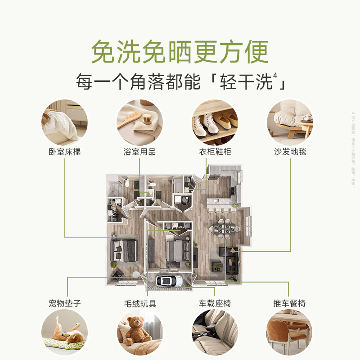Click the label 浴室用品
point(139,152)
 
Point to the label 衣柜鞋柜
point(215,152)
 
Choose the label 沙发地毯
point(290,152)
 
